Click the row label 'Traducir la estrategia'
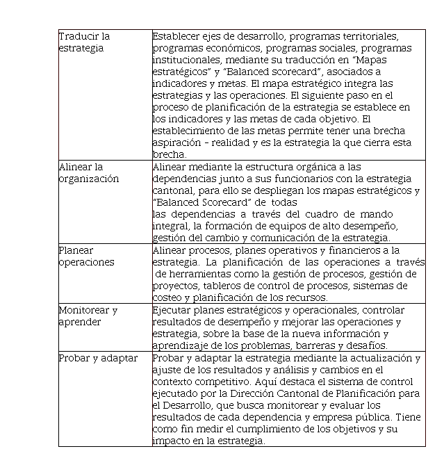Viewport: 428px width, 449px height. point(84,42)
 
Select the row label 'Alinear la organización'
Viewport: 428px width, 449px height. point(89,172)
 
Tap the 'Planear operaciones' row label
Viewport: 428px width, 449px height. point(87,256)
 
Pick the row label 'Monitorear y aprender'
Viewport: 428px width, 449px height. point(88,316)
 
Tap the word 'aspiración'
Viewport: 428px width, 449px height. point(176,143)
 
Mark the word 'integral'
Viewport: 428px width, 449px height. point(170,226)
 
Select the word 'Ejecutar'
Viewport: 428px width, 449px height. point(173,310)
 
